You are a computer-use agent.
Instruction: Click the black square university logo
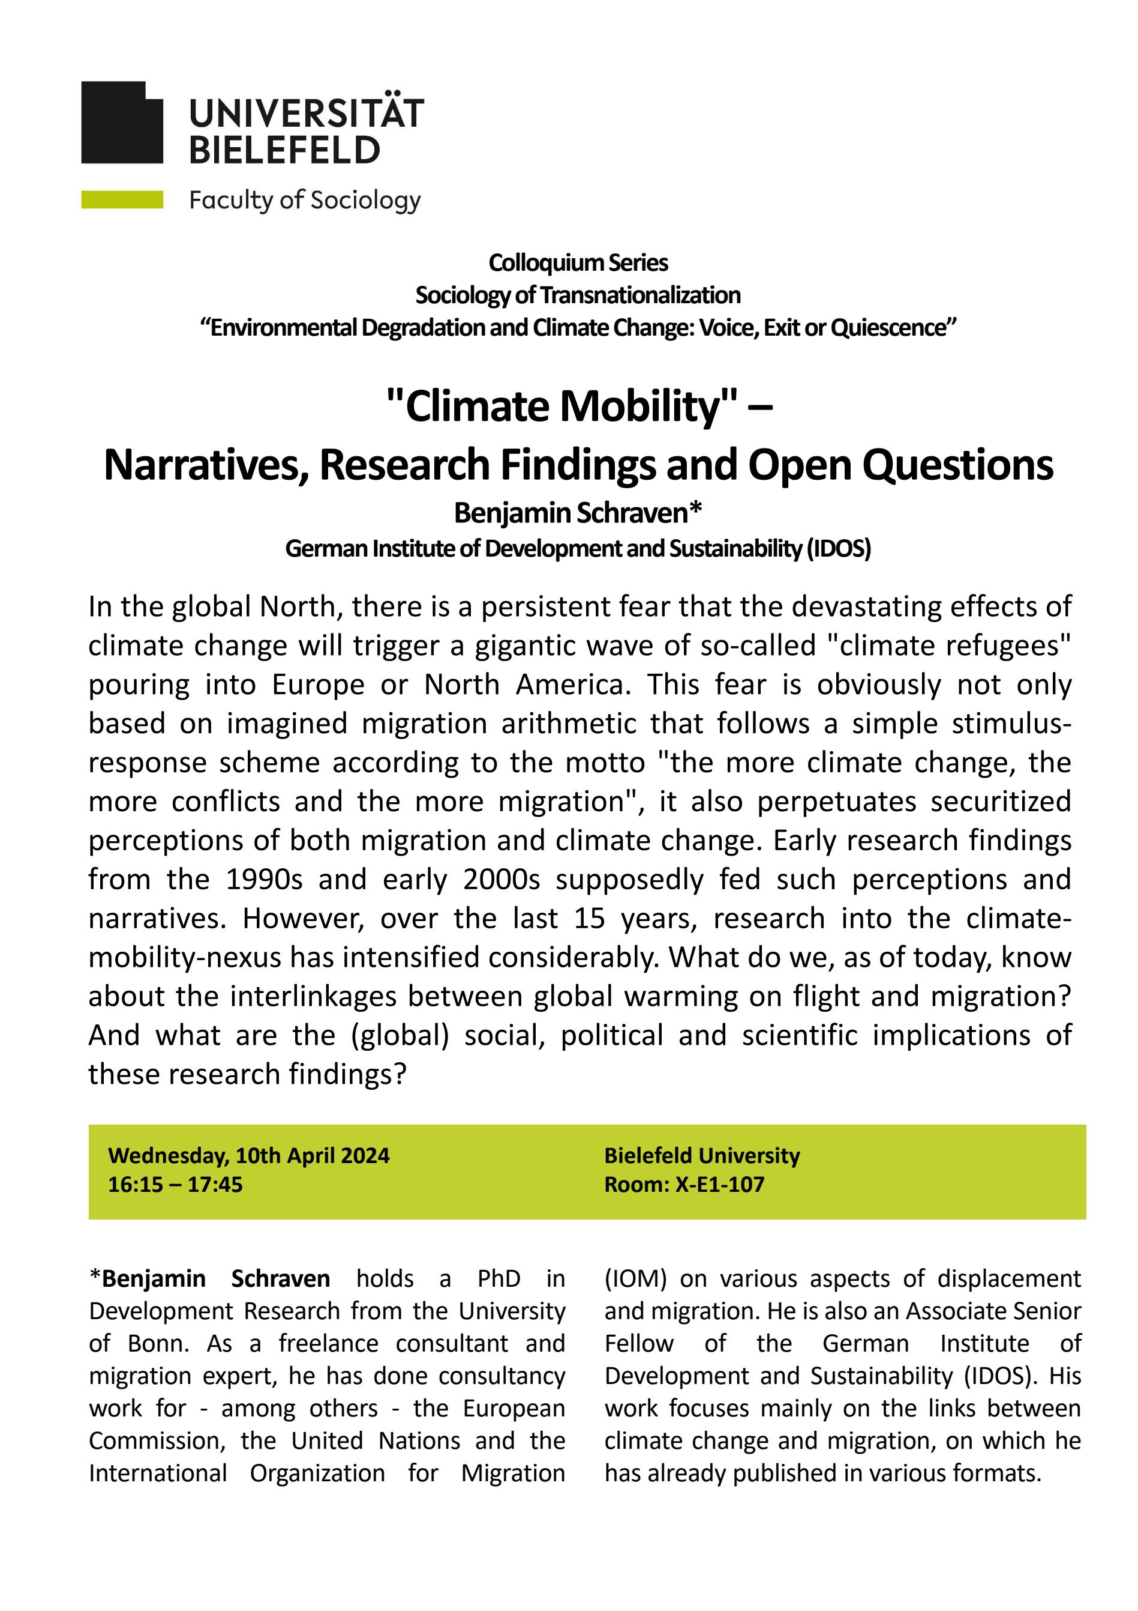coord(122,122)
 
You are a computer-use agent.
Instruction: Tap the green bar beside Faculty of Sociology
coord(122,200)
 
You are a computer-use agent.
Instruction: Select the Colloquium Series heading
coord(578,263)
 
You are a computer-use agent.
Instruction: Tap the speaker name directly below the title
coord(578,513)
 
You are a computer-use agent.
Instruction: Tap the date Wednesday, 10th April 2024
coord(249,1156)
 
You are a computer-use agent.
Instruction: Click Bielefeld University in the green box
coord(702,1156)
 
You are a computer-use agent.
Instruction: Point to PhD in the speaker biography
coord(499,1278)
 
